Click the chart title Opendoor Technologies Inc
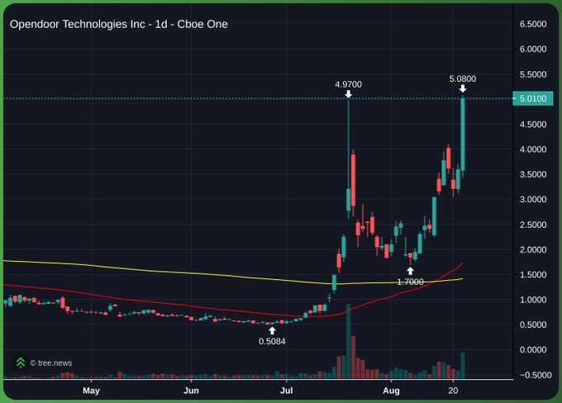[118, 24]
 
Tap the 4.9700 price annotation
[348, 84]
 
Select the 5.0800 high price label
[462, 78]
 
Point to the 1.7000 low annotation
[410, 282]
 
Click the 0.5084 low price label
[272, 341]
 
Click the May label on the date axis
[91, 390]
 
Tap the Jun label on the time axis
[191, 390]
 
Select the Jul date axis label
[286, 390]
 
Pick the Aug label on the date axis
[392, 390]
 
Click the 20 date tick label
[453, 390]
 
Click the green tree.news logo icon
[21, 363]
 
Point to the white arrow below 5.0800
[462, 89]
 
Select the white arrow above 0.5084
[272, 330]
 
